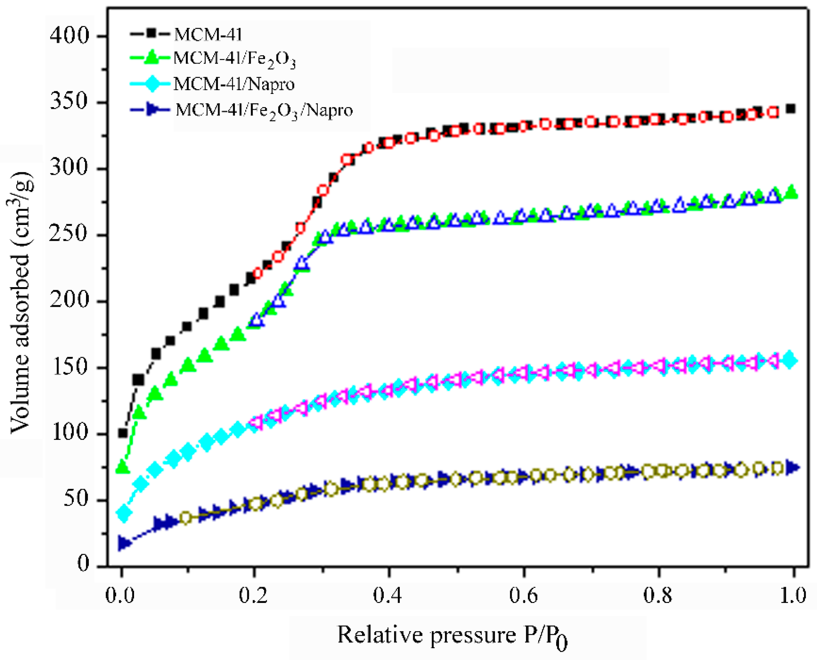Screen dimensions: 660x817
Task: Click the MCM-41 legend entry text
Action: [x=208, y=35]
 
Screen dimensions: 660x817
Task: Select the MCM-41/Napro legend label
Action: [x=234, y=84]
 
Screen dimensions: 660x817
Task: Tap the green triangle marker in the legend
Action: [x=151, y=57]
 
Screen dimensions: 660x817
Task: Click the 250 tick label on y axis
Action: [x=69, y=235]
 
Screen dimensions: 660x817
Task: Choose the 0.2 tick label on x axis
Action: [x=253, y=596]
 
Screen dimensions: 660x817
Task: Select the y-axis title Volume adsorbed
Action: [x=20, y=302]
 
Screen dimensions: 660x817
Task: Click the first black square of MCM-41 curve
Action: [x=123, y=433]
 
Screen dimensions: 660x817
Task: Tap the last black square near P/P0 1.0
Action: [x=791, y=109]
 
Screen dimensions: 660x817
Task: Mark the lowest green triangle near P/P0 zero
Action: [x=122, y=466]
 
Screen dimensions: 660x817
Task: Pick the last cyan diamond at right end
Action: [x=790, y=360]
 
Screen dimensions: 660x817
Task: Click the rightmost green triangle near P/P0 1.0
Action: [x=791, y=192]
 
